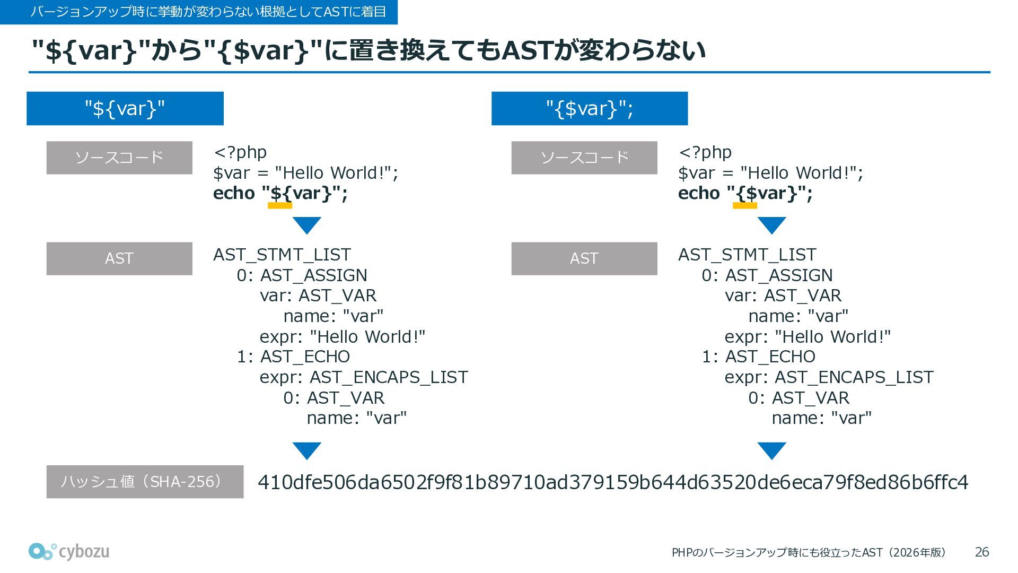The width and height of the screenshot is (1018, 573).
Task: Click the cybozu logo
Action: click(x=69, y=552)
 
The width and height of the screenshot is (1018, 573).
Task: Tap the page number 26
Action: click(x=981, y=552)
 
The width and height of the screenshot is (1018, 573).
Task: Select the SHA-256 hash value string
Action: click(x=612, y=482)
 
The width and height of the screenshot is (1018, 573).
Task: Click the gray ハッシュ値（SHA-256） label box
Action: click(x=145, y=482)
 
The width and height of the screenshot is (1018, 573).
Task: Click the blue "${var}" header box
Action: click(x=125, y=109)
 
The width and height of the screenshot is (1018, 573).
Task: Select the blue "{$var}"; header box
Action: click(x=589, y=109)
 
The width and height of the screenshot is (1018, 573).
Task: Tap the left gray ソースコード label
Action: click(x=119, y=158)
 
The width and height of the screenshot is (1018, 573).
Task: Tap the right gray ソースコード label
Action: click(x=584, y=158)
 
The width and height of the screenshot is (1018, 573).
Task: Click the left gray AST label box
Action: click(x=119, y=259)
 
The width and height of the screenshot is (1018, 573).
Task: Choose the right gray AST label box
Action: click(x=584, y=259)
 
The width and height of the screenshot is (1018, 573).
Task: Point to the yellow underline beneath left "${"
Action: click(x=280, y=206)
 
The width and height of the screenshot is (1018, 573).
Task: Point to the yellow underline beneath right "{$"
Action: click(x=744, y=206)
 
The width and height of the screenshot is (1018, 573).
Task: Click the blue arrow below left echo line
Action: click(x=306, y=225)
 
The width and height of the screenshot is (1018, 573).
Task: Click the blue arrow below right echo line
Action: click(x=771, y=225)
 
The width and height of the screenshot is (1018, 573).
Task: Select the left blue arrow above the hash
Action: click(x=306, y=450)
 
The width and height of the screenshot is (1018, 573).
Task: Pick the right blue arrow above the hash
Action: click(x=771, y=450)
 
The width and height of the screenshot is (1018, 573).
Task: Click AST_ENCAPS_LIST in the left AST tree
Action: click(x=389, y=377)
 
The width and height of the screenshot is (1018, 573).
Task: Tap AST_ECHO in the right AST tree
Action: click(x=770, y=357)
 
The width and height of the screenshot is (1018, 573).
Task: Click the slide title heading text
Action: click(x=368, y=50)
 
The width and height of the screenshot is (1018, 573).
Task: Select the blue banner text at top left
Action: click(x=208, y=12)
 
